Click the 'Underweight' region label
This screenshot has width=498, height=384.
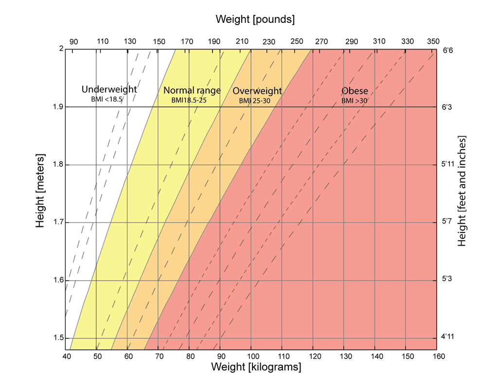point(109,89)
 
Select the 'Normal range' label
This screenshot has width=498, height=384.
point(192,90)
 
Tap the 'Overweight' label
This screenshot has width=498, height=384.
point(257,91)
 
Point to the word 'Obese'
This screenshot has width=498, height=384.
point(355,91)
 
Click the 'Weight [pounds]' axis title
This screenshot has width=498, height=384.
point(255,20)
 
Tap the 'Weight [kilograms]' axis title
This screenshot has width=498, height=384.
point(256,367)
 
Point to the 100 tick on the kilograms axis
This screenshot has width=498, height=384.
point(251,356)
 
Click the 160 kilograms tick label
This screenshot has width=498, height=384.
point(437,356)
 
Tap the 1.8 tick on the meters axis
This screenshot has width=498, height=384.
point(57,165)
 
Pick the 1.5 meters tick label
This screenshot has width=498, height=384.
point(57,338)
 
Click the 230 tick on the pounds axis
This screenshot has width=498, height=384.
point(268,42)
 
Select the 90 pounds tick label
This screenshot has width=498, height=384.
point(73,42)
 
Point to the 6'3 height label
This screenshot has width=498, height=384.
point(447,107)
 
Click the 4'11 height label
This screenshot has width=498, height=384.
point(447,336)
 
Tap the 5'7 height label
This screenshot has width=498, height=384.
point(447,222)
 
